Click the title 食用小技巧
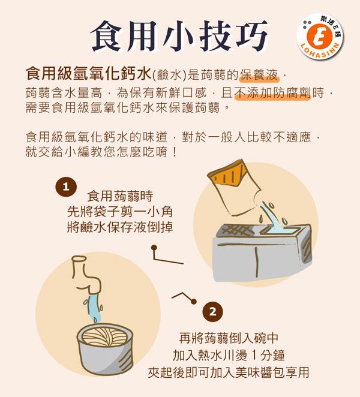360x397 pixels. (x=179, y=36)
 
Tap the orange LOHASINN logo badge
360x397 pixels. (x=320, y=37)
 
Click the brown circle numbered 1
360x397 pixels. (x=66, y=187)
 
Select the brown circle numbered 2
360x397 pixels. (x=213, y=312)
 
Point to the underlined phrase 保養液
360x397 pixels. (x=259, y=75)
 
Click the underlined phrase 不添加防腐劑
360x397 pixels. (x=272, y=93)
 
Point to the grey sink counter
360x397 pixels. (x=262, y=252)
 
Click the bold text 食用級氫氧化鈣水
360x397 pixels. (x=89, y=74)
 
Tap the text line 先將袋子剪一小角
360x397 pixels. (x=120, y=212)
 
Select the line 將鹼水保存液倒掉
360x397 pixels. (x=120, y=227)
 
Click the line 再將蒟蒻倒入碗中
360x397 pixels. (x=229, y=338)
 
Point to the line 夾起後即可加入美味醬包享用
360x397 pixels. (x=229, y=372)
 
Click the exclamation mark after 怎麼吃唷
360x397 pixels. (x=174, y=152)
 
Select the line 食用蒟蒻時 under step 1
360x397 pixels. (x=120, y=196)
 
